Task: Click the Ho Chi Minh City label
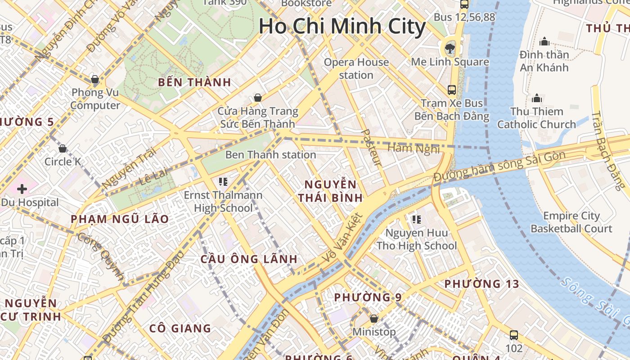pos(342,26)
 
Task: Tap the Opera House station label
pos(356,68)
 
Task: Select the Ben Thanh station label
pos(270,155)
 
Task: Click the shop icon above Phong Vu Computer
pos(95,80)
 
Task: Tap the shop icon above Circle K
pos(63,148)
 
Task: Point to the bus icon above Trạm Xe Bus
pos(451,90)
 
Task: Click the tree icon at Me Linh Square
pos(449,48)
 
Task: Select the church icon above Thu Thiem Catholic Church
pos(536,98)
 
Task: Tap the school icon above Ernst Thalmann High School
pos(223,182)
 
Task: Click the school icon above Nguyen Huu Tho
pos(416,220)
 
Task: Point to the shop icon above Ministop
pos(373,319)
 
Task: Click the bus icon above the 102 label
pos(514,335)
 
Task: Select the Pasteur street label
pos(371,147)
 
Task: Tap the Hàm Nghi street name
pos(413,148)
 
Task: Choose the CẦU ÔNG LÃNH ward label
pos(249,259)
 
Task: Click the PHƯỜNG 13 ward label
pos(481,284)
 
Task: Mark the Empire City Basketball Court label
pos(571,222)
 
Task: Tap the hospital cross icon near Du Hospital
pos(22,189)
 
